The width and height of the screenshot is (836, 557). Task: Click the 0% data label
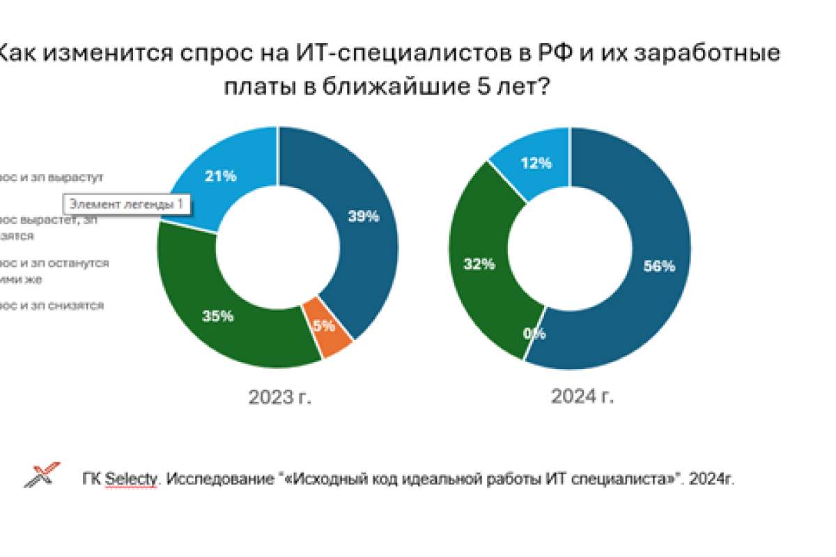coord(535,334)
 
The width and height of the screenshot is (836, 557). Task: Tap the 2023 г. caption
coord(280,397)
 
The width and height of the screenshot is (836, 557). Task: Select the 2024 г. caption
coord(582,397)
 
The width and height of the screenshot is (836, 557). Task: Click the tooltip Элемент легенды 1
coord(128,204)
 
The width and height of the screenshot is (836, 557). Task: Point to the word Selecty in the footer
coord(132,480)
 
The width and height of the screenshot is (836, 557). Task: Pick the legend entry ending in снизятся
coord(52,306)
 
